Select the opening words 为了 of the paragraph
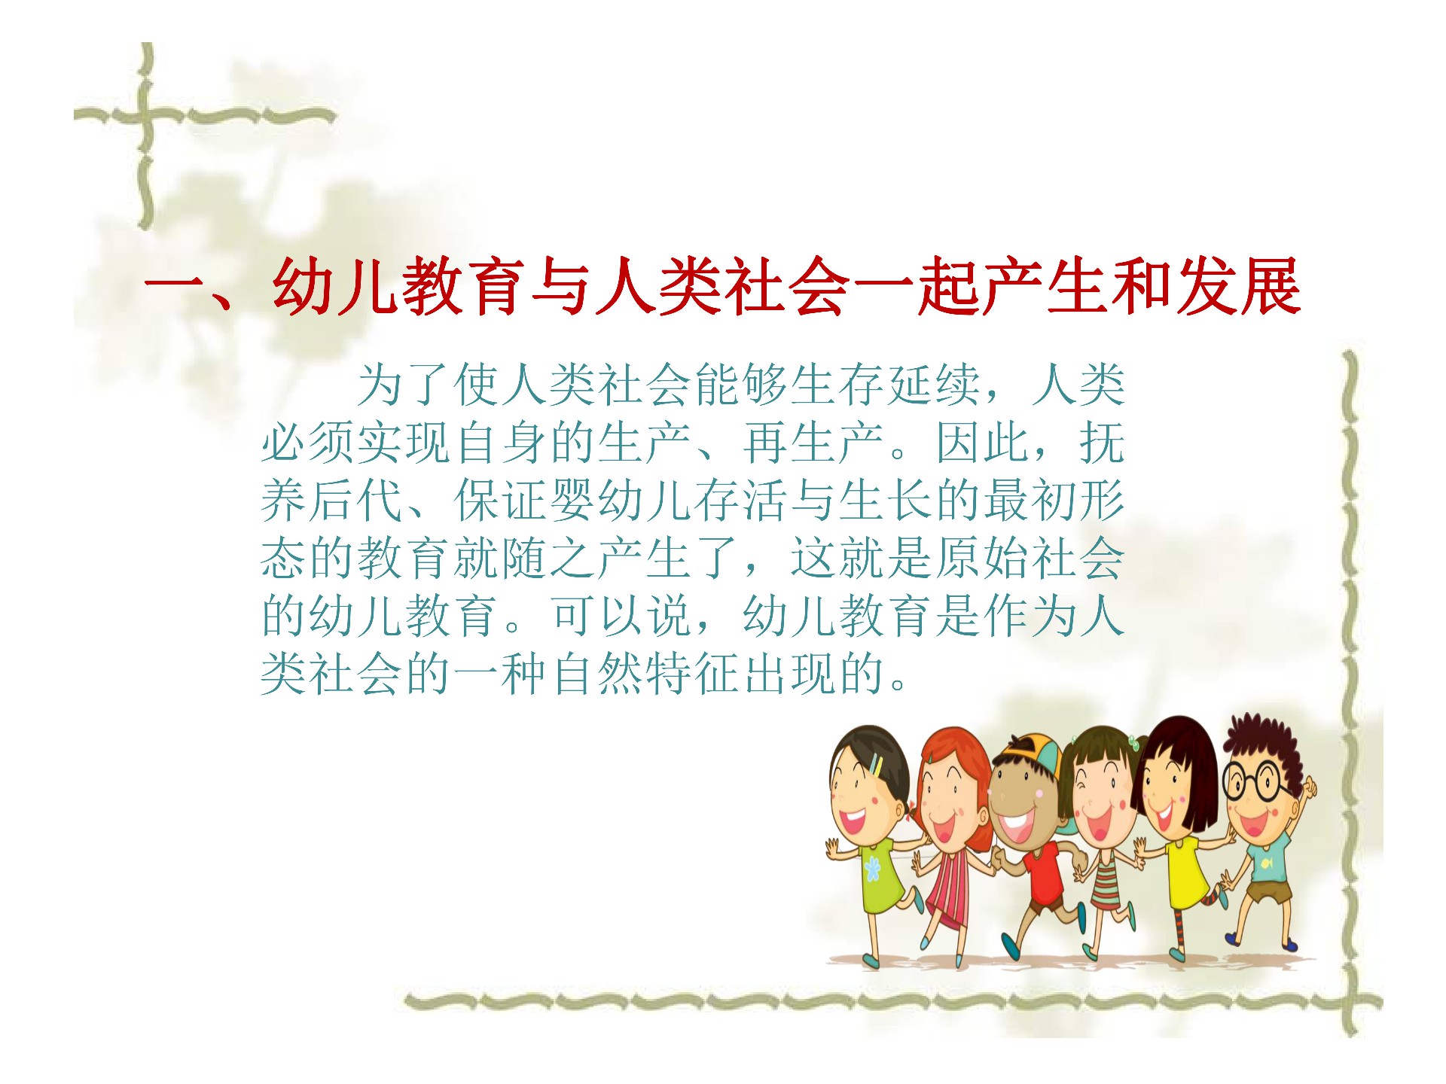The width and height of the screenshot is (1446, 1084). [x=404, y=385]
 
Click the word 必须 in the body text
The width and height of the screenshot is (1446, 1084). [x=308, y=443]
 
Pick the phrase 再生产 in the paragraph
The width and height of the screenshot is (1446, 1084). [x=813, y=443]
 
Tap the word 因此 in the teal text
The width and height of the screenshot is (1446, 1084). [x=982, y=443]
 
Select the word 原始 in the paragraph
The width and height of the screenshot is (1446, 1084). [x=982, y=559]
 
